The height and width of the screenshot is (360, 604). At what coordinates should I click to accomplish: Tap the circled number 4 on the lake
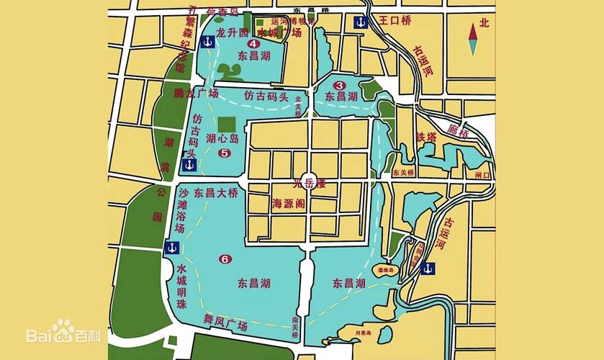pyautogui.click(x=233, y=44)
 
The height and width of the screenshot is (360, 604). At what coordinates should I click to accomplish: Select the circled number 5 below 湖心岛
pyautogui.click(x=224, y=153)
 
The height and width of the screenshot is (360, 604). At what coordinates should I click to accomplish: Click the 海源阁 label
pyautogui.click(x=289, y=204)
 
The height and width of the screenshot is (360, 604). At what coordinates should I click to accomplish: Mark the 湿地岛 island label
pyautogui.click(x=383, y=271)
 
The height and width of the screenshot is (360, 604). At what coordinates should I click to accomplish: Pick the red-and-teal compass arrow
pyautogui.click(x=473, y=39)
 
